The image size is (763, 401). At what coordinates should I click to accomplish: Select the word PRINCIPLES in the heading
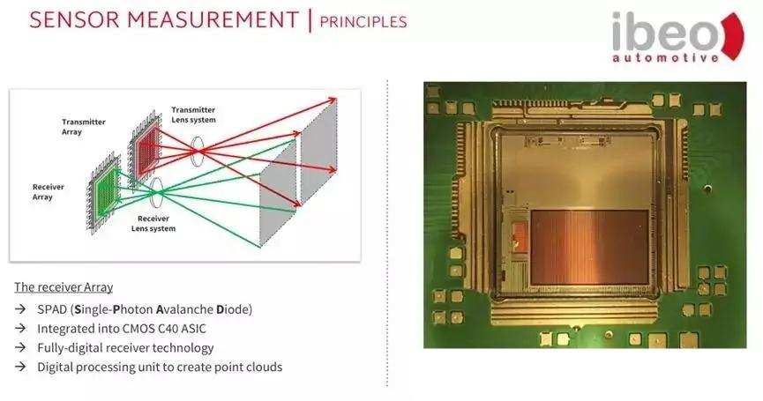363,20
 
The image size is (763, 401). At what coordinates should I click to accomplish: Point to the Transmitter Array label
84,127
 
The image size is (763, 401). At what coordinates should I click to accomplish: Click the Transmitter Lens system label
193,115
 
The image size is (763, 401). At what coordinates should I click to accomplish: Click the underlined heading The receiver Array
64,287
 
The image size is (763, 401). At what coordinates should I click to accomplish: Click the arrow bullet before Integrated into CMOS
21,329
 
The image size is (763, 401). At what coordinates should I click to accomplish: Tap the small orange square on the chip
520,234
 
